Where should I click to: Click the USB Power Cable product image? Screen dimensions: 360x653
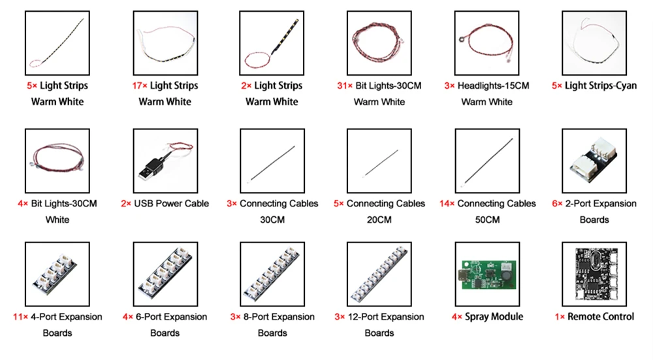tap(165, 161)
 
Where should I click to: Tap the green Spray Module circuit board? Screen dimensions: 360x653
tap(486, 274)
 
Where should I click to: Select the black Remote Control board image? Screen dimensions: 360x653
tap(594, 274)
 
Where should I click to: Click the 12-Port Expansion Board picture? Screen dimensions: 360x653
tap(379, 274)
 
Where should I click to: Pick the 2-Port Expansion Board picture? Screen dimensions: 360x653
tap(594, 161)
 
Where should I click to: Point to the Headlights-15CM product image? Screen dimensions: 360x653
tap(486, 43)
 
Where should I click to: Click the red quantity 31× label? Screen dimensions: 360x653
tap(345, 86)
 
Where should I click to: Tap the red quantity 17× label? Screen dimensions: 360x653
tap(138, 86)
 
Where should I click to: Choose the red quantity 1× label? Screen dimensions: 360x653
tap(560, 317)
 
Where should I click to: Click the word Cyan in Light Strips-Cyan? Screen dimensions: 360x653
tap(624, 86)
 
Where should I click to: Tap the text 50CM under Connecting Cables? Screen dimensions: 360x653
tap(486, 220)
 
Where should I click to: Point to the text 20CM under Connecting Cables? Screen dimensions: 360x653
tap(379, 220)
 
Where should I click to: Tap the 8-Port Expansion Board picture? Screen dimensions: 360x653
tap(272, 274)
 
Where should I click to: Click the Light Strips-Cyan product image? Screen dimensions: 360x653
tap(594, 43)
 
